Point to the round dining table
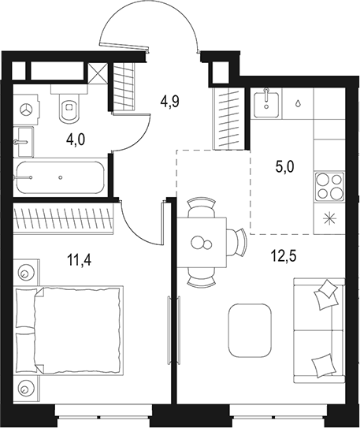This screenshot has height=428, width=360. point(202,243)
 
